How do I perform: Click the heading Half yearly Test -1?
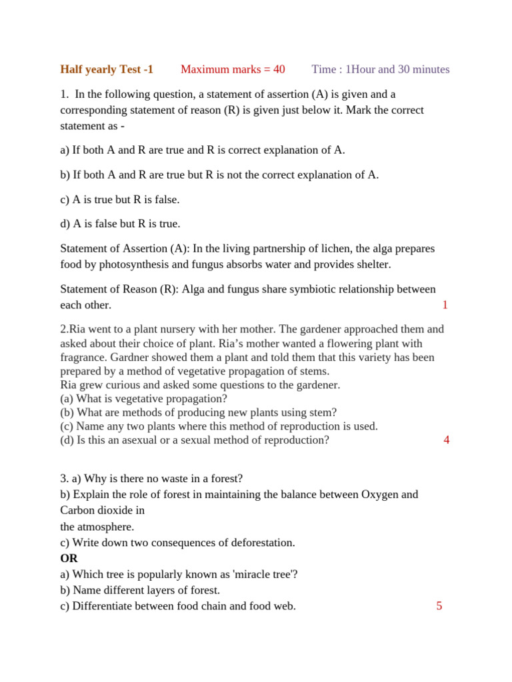pos(107,69)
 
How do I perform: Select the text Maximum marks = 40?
pos(233,69)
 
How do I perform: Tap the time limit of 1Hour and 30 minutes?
pos(381,69)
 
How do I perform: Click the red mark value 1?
pos(445,305)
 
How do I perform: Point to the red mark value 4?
pos(446,440)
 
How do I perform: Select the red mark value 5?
pos(439,606)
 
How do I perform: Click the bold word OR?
pos(69,558)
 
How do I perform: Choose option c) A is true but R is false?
pos(120,199)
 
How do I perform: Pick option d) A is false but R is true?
pos(120,224)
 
